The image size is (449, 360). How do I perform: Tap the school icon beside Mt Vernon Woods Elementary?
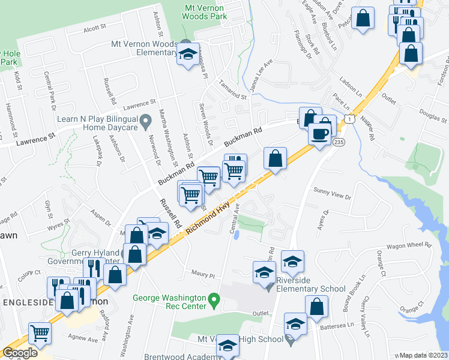click(188, 54)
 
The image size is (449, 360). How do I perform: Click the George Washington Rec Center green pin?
click(212, 298)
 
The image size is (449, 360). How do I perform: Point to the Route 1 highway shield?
click(348, 120)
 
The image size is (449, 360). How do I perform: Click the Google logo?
click(20, 352)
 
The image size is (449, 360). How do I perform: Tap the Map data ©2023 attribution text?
click(423, 355)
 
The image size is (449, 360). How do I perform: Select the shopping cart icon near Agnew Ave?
click(40, 332)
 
